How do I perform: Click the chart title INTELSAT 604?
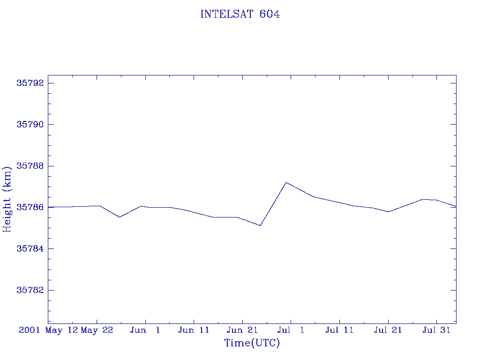click(240, 14)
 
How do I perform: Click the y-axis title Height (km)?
click(7, 199)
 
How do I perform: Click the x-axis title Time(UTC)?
click(252, 343)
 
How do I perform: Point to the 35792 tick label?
click(30, 83)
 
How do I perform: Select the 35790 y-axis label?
click(30, 124)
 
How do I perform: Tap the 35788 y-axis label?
click(30, 166)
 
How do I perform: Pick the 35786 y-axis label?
click(30, 207)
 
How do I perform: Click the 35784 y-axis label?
click(30, 248)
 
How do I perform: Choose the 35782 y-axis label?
click(30, 290)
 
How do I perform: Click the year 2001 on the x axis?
click(30, 330)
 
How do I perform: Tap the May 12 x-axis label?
click(61, 330)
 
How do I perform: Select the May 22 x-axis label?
click(97, 330)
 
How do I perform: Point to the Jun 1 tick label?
click(145, 330)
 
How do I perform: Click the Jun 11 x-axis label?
click(194, 330)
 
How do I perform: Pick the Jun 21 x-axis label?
click(242, 330)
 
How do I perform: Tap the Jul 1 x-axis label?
click(291, 330)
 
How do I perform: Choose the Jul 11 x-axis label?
click(339, 330)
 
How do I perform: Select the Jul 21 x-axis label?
click(388, 330)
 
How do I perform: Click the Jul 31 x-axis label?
click(436, 330)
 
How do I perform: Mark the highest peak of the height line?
click(285, 182)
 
